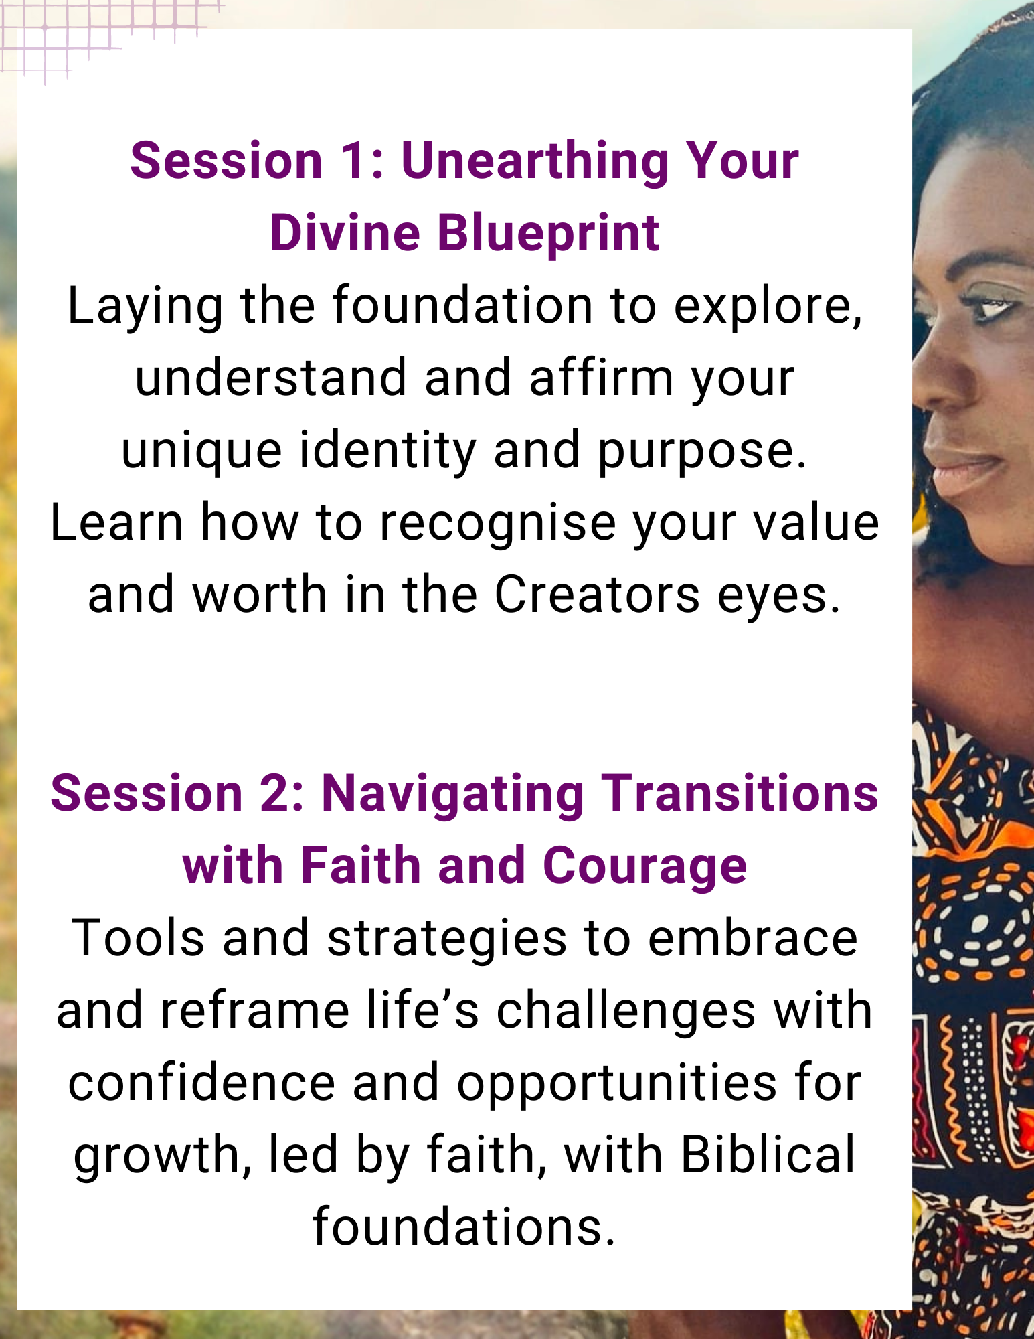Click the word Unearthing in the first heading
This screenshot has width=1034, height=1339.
[x=535, y=163]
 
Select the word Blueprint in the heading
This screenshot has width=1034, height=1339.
[x=548, y=235]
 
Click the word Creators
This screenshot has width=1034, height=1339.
[x=597, y=595]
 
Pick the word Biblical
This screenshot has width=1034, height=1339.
[x=768, y=1156]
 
